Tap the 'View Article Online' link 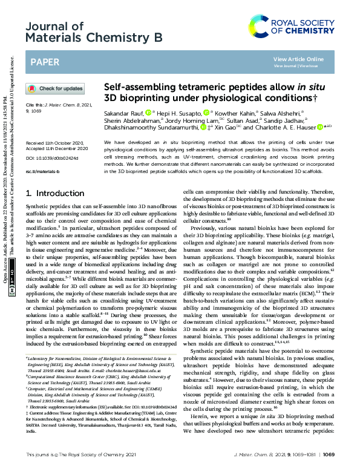pyautogui.click(x=298, y=59)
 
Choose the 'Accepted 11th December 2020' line pyautogui.click(x=58, y=149)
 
